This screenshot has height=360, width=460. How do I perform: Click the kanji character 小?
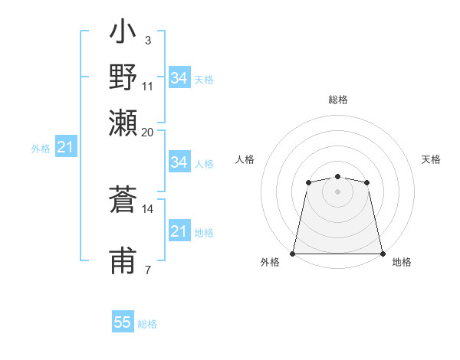point(123,34)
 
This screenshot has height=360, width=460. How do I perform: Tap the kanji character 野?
point(123,79)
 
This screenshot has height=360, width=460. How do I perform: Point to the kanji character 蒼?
point(123,201)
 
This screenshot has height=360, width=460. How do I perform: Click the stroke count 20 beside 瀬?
point(147,132)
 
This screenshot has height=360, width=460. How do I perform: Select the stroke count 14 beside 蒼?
point(147,208)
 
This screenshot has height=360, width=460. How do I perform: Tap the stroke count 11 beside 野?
point(147,86)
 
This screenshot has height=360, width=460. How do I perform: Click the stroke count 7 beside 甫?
point(147,270)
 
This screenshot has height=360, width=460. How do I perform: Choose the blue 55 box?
point(123,322)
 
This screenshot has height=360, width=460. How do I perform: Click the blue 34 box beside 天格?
point(179,78)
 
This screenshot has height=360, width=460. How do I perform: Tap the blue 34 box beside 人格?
point(179,162)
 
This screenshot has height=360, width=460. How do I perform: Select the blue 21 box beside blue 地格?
point(179,231)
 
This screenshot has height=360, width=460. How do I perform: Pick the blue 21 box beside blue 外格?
point(65,147)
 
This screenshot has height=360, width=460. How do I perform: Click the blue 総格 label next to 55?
point(147,324)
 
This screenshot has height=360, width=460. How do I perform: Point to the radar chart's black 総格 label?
point(337,100)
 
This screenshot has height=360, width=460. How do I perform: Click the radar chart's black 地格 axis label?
point(402,262)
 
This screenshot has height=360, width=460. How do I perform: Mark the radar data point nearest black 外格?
point(293,254)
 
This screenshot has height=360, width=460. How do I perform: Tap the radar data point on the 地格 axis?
point(383,254)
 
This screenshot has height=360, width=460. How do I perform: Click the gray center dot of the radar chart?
point(337,191)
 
